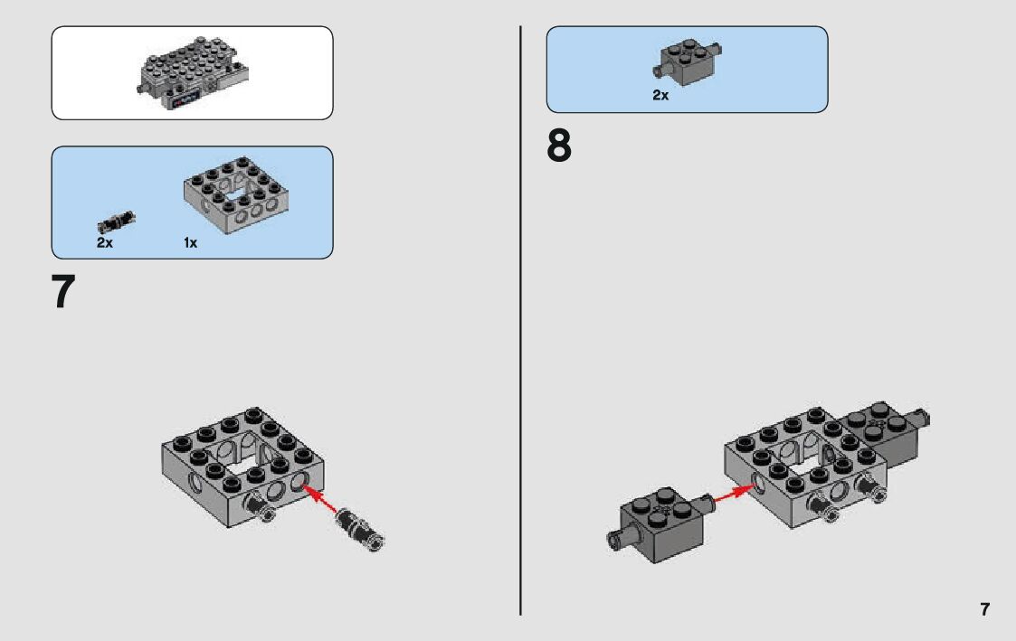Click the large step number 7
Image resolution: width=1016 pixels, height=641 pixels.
pos(62,292)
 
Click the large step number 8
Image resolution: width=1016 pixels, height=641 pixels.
pos(559,146)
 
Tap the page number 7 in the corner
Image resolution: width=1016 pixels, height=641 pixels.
pos(985,609)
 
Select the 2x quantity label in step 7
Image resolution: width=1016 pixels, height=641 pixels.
pos(105,243)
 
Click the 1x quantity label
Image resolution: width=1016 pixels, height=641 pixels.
pos(191,243)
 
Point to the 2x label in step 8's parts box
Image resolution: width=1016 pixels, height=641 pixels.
pos(661,95)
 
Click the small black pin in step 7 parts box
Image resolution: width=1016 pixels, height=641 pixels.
pos(117,222)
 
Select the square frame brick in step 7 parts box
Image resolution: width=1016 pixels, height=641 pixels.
pos(236,195)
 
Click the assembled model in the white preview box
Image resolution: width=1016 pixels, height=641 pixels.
pos(193,73)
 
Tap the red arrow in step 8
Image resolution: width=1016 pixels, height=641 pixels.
pos(734,494)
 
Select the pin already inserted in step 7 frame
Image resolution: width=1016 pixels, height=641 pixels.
pos(260,506)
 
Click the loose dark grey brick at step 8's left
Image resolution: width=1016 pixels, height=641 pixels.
pos(661,524)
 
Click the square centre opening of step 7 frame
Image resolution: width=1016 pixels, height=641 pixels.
pos(239,462)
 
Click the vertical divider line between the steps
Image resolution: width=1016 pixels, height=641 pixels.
pos(520,320)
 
